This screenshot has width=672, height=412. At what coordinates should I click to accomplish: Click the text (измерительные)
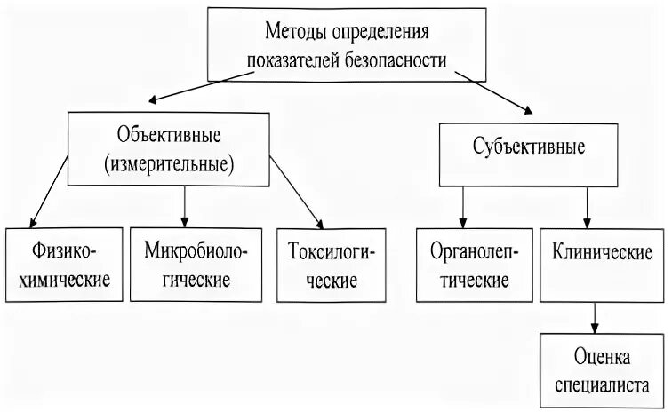click(168, 163)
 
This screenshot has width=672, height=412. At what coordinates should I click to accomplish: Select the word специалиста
click(603, 385)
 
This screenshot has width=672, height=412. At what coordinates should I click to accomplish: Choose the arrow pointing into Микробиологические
click(185, 205)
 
